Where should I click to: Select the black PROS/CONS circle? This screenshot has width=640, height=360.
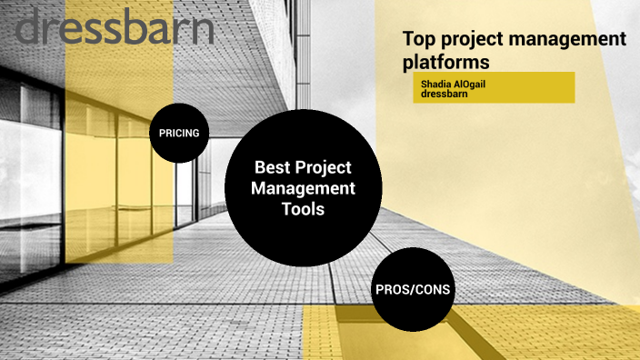point(412,291)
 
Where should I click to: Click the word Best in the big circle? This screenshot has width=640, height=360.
point(272,167)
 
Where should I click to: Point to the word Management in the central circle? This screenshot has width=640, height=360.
point(303,188)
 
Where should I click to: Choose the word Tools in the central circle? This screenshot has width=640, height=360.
point(303,209)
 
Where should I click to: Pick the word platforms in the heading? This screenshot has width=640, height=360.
point(446,62)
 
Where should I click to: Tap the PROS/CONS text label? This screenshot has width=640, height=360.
point(412,291)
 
